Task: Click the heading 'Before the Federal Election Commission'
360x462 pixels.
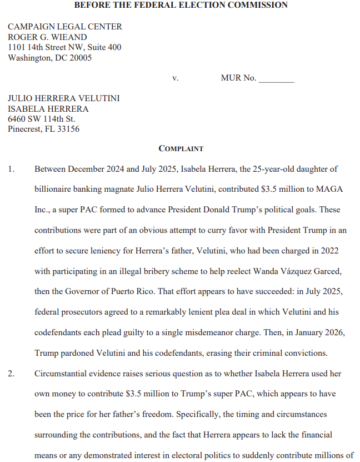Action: pyautogui.click(x=181, y=5)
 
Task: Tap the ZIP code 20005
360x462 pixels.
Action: pyautogui.click(x=80, y=57)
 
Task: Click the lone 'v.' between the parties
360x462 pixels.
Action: pyautogui.click(x=175, y=78)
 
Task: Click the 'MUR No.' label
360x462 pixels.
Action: pyautogui.click(x=238, y=78)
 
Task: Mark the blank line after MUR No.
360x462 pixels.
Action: pyautogui.click(x=276, y=79)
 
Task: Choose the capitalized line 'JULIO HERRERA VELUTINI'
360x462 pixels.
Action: pyautogui.click(x=63, y=98)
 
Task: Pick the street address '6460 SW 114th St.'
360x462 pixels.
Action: pyautogui.click(x=41, y=119)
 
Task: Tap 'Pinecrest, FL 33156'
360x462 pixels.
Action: pyautogui.click(x=43, y=129)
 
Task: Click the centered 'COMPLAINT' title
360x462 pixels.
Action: pyautogui.click(x=181, y=149)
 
